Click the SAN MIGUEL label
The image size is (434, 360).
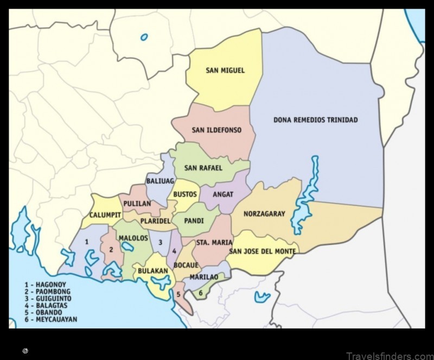pos(225,70)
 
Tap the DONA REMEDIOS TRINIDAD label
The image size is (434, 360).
pos(315,120)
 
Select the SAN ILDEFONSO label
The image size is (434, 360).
pos(216,130)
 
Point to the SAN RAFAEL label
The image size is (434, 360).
pos(203,168)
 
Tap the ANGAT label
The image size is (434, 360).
pos(223,194)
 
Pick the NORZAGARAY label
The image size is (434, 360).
pos(264,214)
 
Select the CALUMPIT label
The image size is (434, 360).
pos(105,214)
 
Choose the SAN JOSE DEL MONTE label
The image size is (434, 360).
pos(263,251)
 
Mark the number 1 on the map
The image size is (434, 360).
pos(86,241)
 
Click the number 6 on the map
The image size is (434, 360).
pos(200,293)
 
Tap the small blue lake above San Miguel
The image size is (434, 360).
pos(144,37)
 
